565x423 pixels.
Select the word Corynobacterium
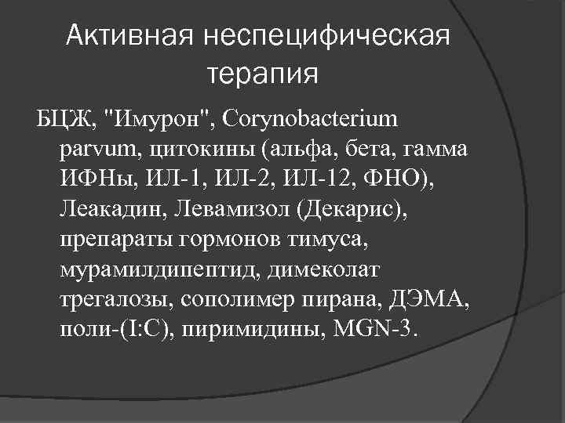coord(311,121)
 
